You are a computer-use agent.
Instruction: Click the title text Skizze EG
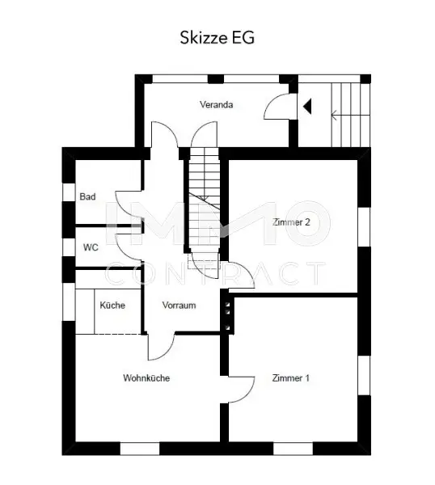217,36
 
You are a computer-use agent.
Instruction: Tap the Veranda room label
217,105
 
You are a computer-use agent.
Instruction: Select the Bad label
87,196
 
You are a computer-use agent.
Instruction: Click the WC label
90,247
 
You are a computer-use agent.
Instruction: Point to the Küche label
112,306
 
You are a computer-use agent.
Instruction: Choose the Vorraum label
179,306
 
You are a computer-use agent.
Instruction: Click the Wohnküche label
146,377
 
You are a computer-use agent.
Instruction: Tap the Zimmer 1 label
290,377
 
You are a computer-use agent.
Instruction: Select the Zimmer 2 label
291,221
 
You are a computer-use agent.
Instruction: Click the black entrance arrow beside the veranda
307,105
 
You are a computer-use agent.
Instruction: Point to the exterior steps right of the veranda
351,113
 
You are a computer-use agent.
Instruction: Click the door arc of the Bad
128,202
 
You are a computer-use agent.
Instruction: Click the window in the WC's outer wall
65,247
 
